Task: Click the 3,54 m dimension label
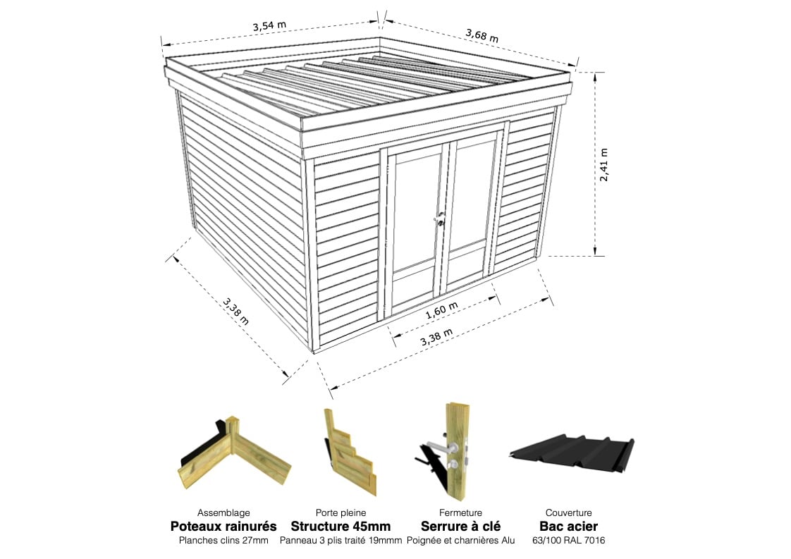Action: (x=269, y=25)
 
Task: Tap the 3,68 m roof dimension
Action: (x=482, y=35)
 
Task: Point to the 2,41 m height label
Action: (x=604, y=164)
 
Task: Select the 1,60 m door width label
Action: (x=442, y=310)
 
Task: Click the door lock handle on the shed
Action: (x=441, y=219)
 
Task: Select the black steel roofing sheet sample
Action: (x=572, y=450)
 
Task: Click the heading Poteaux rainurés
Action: (x=223, y=526)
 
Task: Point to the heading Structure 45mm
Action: (x=341, y=526)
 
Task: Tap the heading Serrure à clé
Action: (x=460, y=526)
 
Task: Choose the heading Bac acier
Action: (x=568, y=526)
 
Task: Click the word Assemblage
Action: (x=223, y=513)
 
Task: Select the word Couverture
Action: (x=568, y=513)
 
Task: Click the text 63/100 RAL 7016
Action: (x=568, y=541)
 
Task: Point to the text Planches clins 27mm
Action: (x=223, y=541)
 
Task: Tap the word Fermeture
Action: (x=460, y=513)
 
